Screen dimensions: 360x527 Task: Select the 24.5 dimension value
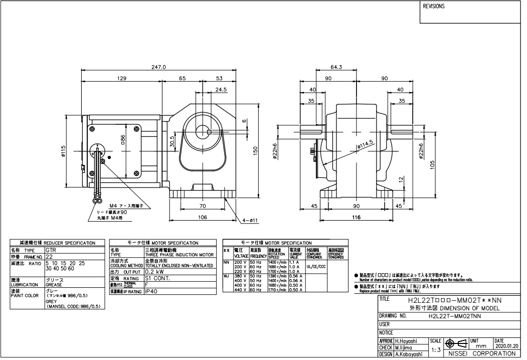(221, 90)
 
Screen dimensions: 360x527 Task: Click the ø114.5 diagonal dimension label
(365, 144)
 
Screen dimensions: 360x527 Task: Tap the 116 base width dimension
(356, 218)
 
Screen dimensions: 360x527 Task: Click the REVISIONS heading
(434, 7)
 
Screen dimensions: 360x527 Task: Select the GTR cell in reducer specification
(51, 249)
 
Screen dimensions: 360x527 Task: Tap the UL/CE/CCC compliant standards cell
(315, 267)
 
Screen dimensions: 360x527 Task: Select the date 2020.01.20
(507, 346)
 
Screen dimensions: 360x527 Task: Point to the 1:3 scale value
(436, 349)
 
